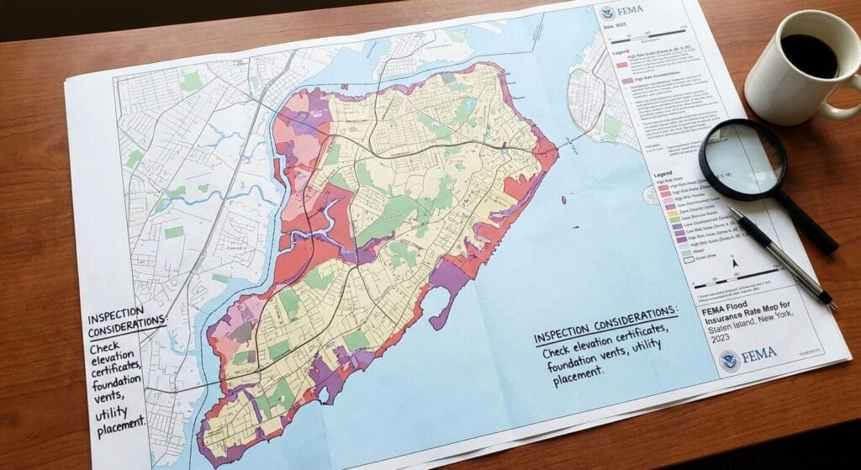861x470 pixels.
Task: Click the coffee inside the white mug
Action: coord(809,55)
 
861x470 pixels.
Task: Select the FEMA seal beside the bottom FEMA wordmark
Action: coord(729,359)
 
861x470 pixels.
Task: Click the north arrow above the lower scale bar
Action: coord(735,263)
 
